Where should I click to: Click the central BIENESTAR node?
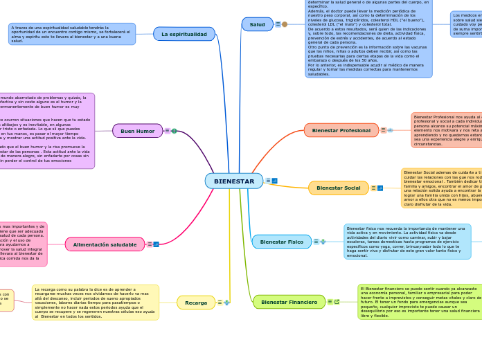click(x=234, y=181)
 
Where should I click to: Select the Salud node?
click(x=257, y=24)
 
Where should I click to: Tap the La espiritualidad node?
click(x=184, y=34)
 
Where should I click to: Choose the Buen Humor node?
click(x=137, y=131)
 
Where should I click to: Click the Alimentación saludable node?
click(x=105, y=244)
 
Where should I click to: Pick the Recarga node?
click(x=196, y=303)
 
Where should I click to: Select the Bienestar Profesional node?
click(x=341, y=130)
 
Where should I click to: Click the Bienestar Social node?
click(x=338, y=188)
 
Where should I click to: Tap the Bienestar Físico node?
click(x=281, y=242)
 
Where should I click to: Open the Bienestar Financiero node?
click(x=289, y=302)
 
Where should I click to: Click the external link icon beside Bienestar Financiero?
click(x=337, y=302)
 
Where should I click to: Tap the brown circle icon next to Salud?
click(x=285, y=24)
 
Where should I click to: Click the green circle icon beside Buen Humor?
click(x=174, y=131)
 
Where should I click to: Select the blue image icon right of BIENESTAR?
click(x=275, y=181)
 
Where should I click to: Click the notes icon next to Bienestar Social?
click(x=373, y=188)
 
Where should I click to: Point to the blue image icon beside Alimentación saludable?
click(x=156, y=244)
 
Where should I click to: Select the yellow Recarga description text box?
click(x=96, y=303)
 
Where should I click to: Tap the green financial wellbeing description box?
click(x=420, y=302)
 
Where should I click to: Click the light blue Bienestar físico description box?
click(x=407, y=242)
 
